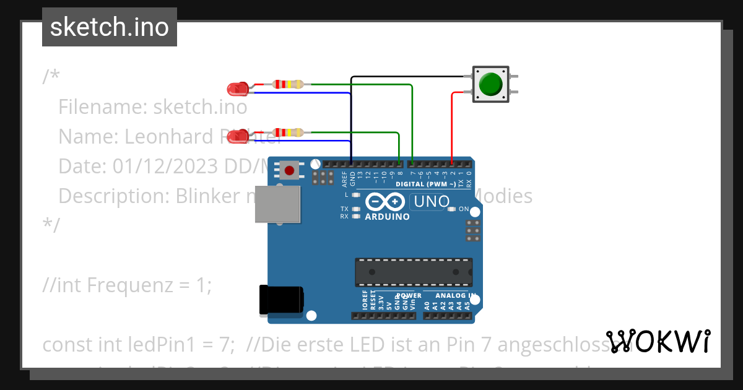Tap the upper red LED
tap(237, 89)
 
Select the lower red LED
tap(237, 137)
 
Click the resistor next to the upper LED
tap(288, 84)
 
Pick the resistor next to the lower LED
tap(288, 132)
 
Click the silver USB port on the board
tap(278, 204)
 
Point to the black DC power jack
tap(281, 300)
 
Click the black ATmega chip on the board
tap(413, 272)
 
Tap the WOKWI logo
tap(658, 342)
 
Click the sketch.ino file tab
tap(110, 27)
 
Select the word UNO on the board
tap(431, 201)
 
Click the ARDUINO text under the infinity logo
tap(387, 217)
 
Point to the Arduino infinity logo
tap(385, 202)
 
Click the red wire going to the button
tap(452, 124)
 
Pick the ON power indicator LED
tap(451, 209)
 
